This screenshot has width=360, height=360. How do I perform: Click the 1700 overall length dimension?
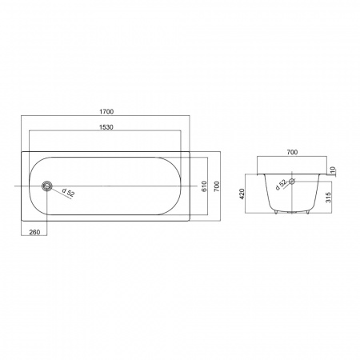106,111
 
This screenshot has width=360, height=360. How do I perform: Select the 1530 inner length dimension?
106,127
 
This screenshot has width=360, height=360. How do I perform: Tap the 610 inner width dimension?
204,186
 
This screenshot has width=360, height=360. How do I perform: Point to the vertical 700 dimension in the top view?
217,186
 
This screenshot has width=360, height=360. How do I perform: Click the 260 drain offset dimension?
34,232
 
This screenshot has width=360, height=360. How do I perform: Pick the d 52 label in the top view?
68,193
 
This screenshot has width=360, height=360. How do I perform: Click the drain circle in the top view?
47,186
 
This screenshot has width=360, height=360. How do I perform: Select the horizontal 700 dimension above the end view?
292,152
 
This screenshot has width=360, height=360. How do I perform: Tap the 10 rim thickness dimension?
332,170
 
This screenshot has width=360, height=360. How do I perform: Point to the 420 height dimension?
242,194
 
